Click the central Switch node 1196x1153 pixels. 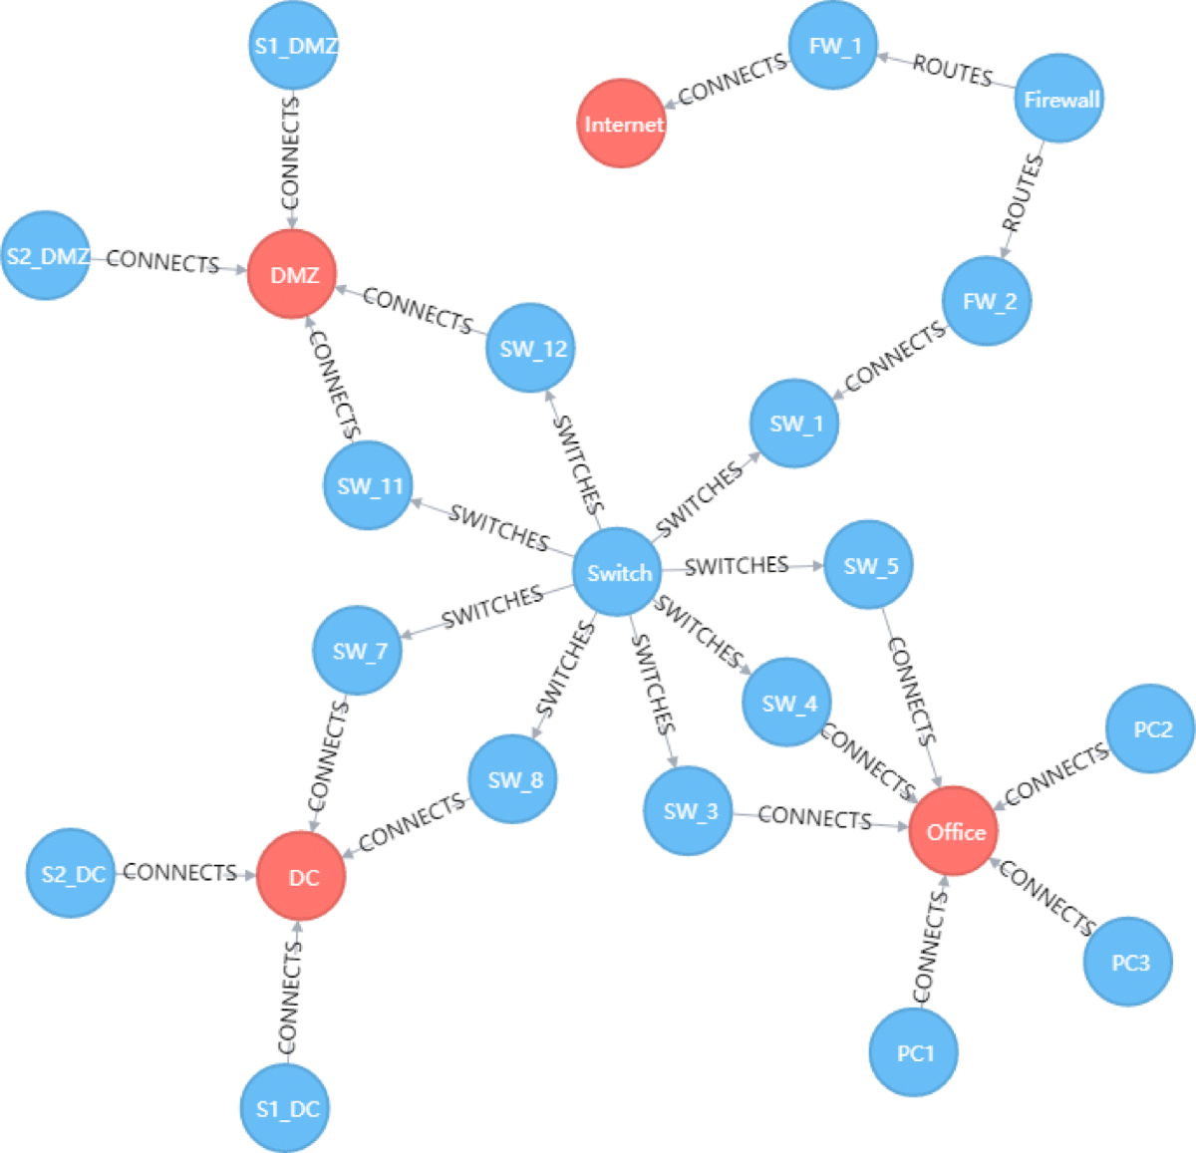pos(619,572)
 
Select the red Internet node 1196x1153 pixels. pos(622,124)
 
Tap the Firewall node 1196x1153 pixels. pos(1059,99)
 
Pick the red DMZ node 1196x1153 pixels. pos(293,275)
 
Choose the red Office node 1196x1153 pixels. pos(954,831)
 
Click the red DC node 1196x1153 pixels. pos(301,877)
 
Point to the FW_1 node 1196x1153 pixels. pos(833,46)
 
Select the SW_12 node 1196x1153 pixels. pos(532,348)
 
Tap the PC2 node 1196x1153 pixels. pos(1151,728)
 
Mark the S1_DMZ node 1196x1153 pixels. pos(294,46)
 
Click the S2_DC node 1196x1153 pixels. pos(72,874)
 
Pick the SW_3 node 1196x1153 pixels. pos(690,810)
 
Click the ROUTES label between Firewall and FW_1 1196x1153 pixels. pos(952,72)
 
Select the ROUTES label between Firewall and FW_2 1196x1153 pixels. pos(1023,193)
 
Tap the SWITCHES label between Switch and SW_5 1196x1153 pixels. pos(737,566)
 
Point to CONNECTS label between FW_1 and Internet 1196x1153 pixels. pos(733,80)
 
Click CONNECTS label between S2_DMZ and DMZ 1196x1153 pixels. pos(162,262)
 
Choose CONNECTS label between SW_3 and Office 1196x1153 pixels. pos(814,818)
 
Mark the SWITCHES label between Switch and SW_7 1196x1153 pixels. pos(491,607)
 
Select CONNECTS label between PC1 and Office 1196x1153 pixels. pos(929,946)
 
